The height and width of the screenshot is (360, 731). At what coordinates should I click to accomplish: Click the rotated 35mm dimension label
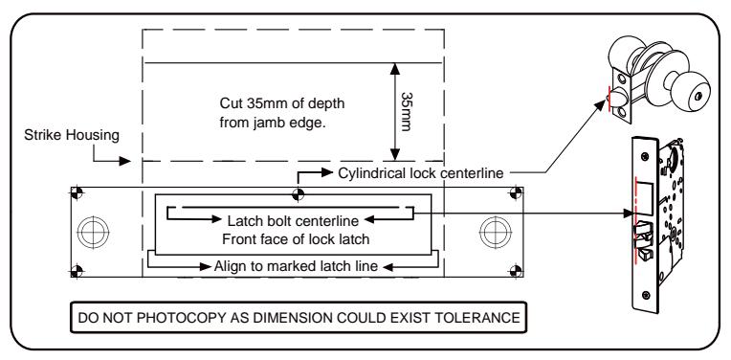406,111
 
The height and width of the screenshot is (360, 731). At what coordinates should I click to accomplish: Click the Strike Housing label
72,135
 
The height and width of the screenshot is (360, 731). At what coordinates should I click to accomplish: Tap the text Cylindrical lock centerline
420,173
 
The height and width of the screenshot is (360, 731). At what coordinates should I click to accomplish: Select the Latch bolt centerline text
293,220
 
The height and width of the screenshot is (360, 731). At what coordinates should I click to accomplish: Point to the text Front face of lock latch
296,239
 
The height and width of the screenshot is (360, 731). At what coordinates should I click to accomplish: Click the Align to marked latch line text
296,266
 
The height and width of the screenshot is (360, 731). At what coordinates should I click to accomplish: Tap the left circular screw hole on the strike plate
93,232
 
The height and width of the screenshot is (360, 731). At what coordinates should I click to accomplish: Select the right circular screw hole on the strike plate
495,232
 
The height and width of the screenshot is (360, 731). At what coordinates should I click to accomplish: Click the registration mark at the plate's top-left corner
77,192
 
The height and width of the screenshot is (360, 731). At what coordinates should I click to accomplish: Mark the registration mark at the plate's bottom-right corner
516,271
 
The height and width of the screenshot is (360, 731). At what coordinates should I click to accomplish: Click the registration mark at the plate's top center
298,194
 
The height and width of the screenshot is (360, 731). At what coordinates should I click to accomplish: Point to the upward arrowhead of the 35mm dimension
395,69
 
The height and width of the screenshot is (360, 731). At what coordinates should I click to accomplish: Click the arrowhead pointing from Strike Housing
124,162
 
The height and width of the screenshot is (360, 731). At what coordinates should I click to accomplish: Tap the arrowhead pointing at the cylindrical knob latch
601,104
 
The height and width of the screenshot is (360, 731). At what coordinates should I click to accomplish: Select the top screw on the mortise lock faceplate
646,156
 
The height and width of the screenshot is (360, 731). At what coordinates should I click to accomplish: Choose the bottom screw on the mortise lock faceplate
646,295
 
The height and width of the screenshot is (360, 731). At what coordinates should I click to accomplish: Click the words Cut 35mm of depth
282,103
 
